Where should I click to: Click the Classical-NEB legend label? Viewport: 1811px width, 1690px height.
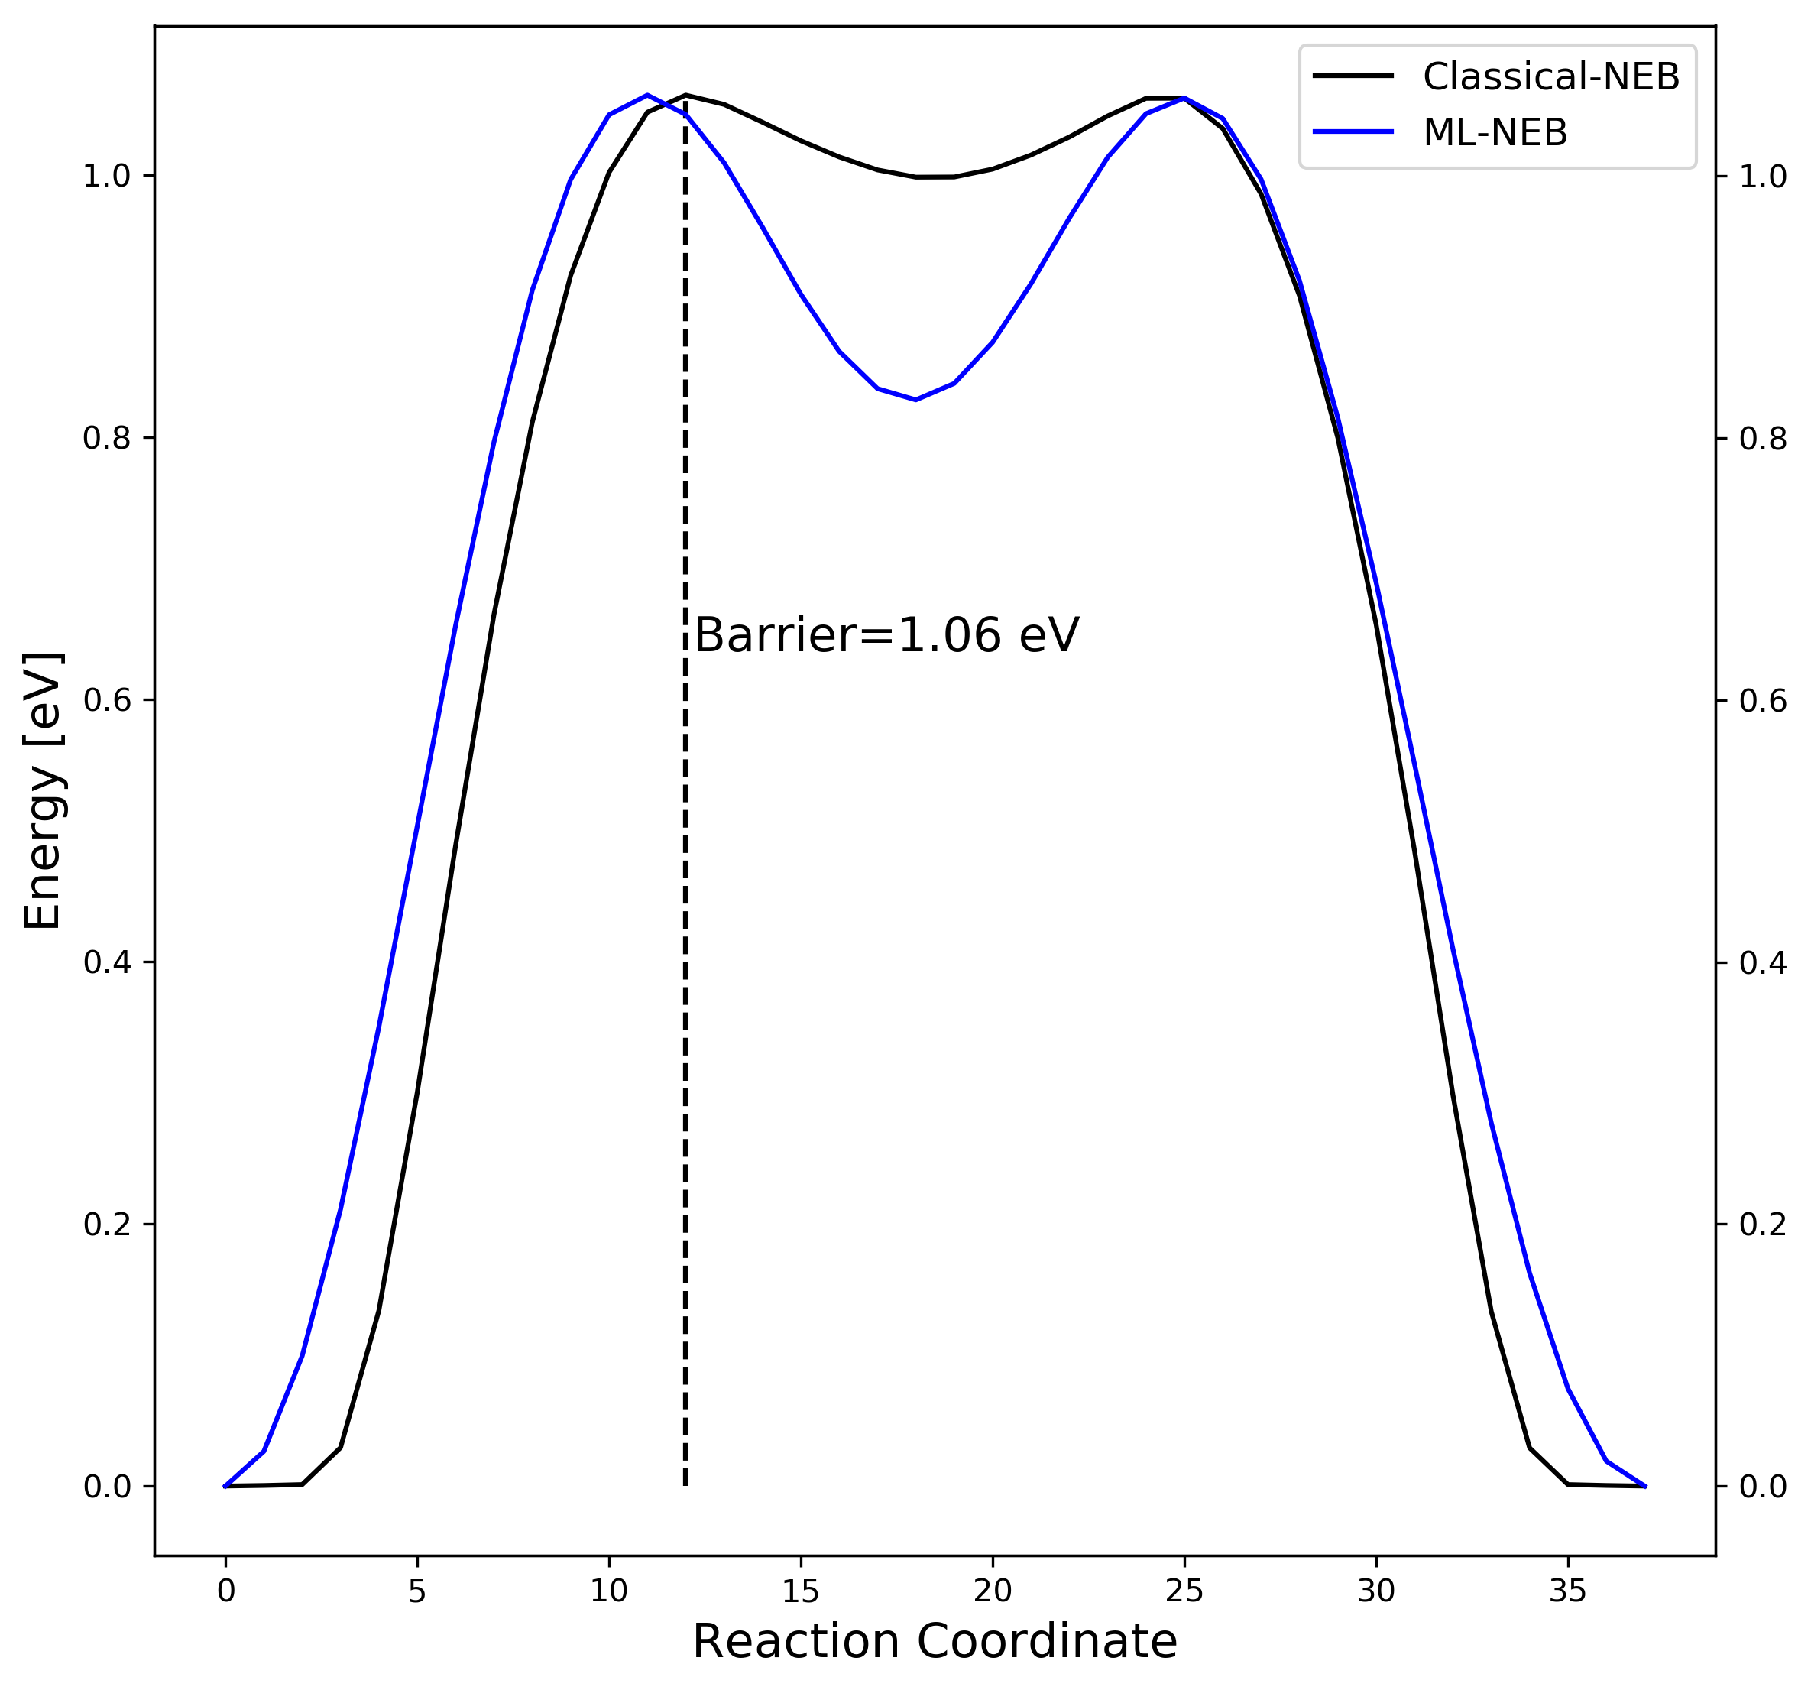coord(1550,77)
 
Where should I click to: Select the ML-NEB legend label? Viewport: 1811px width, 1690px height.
coord(1495,133)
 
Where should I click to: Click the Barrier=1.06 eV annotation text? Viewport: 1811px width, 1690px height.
coord(886,635)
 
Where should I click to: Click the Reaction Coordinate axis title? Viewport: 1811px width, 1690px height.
coord(935,1642)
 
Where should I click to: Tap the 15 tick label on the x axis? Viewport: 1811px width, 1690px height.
coord(800,1591)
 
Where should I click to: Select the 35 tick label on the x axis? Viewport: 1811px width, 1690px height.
coord(1568,1591)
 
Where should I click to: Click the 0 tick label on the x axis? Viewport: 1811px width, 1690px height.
coord(225,1591)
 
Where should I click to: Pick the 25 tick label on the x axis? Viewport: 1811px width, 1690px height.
coord(1184,1591)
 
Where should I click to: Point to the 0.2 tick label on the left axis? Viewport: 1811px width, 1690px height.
coord(105,1225)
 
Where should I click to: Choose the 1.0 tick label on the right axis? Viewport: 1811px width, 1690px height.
coord(1763,177)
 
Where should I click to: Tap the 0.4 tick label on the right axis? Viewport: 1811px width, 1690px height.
coord(1763,963)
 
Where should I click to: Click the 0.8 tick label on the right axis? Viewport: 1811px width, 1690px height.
coord(1763,440)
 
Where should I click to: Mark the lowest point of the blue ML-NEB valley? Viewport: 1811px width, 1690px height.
coord(915,400)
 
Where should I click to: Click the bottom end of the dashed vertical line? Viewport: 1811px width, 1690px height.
coord(685,1486)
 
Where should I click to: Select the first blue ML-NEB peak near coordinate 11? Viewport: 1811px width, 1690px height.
coord(646,95)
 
